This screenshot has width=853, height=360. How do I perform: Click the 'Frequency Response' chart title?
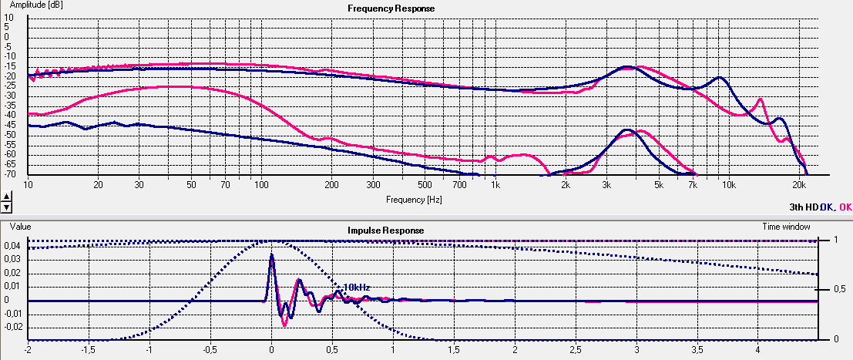pyautogui.click(x=391, y=8)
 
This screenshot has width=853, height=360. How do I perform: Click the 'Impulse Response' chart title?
pyautogui.click(x=385, y=230)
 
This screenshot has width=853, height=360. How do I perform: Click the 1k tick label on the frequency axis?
pyautogui.click(x=495, y=186)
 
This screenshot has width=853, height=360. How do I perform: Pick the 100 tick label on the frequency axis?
pyautogui.click(x=260, y=186)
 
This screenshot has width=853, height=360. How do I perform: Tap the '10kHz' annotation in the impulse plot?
pyautogui.click(x=357, y=287)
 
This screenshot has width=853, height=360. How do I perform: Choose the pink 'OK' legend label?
pyautogui.click(x=845, y=207)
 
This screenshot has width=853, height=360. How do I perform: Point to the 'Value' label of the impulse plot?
pyautogui.click(x=20, y=227)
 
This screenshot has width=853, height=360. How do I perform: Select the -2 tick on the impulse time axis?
pyautogui.click(x=28, y=349)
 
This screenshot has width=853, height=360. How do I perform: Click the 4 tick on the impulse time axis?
pyautogui.click(x=758, y=349)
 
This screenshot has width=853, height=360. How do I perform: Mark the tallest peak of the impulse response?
pyautogui.click(x=271, y=254)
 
